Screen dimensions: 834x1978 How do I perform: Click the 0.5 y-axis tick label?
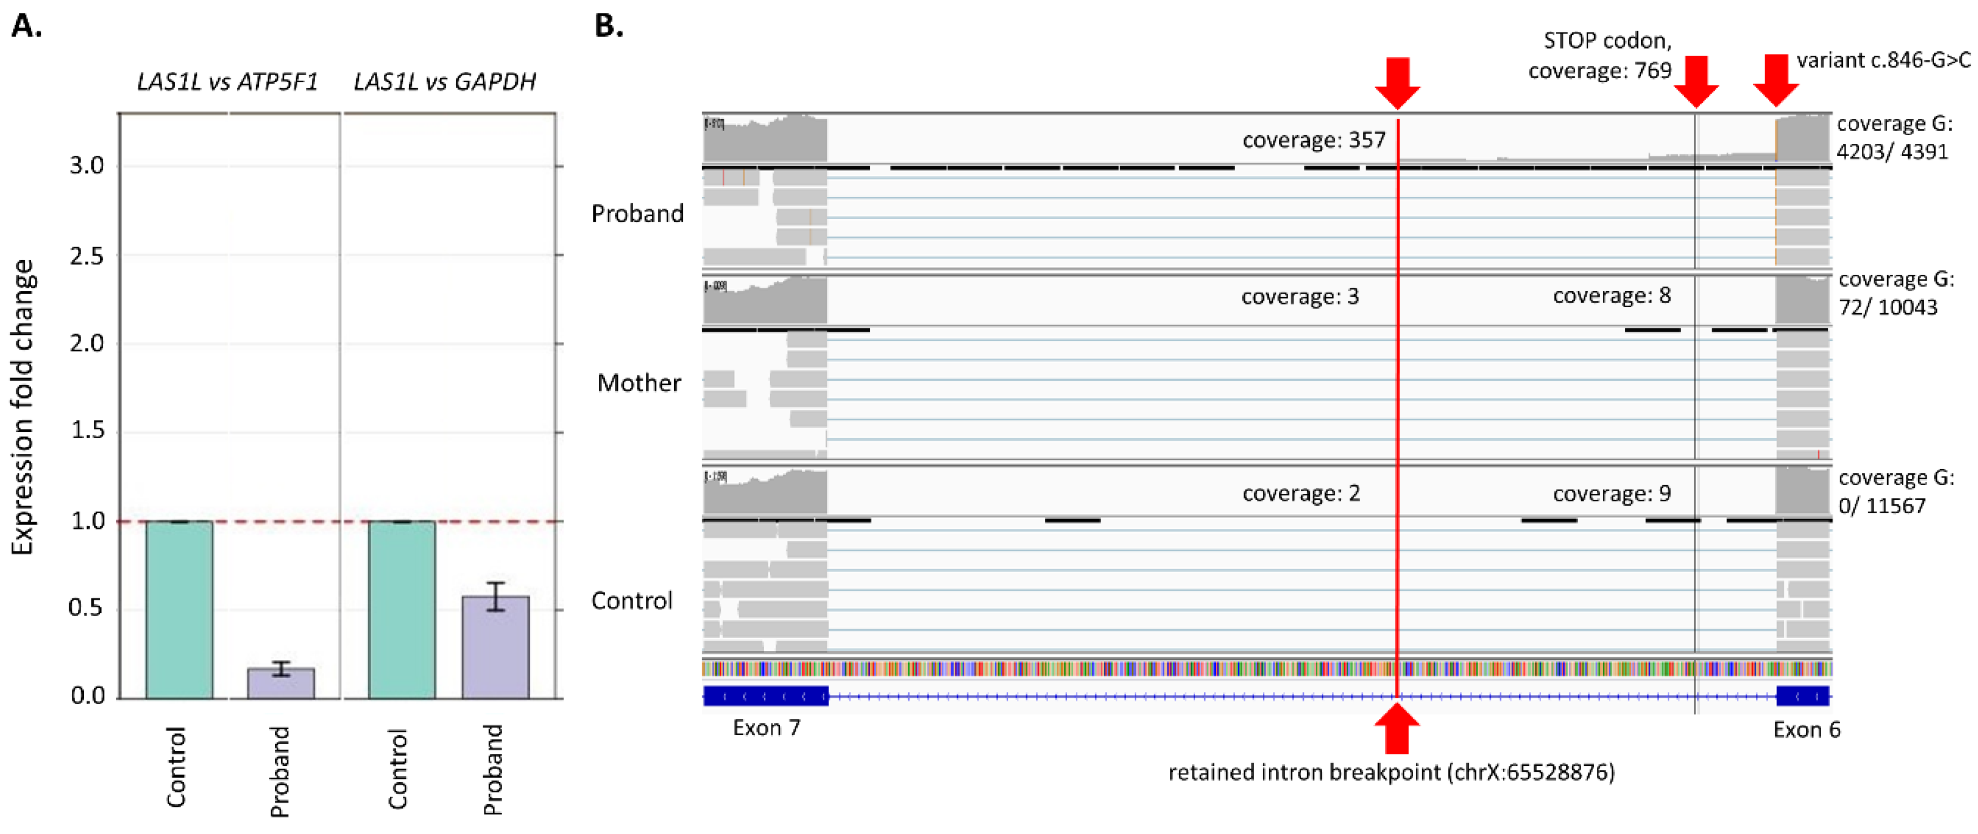[x=87, y=608]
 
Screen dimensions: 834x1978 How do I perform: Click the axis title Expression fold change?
[x=23, y=407]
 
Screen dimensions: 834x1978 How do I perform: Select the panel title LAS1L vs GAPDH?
[x=444, y=82]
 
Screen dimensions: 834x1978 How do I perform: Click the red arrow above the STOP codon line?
[x=1695, y=81]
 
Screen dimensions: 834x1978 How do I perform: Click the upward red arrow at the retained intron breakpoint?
[x=1397, y=727]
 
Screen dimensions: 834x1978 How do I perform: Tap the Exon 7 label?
[x=767, y=727]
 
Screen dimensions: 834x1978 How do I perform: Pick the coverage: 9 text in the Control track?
[x=1611, y=493]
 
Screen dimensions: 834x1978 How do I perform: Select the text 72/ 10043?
[x=1887, y=307]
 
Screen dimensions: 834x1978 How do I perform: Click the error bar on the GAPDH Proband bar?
[x=495, y=596]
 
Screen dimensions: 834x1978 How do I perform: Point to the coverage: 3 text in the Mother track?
[x=1300, y=296]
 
